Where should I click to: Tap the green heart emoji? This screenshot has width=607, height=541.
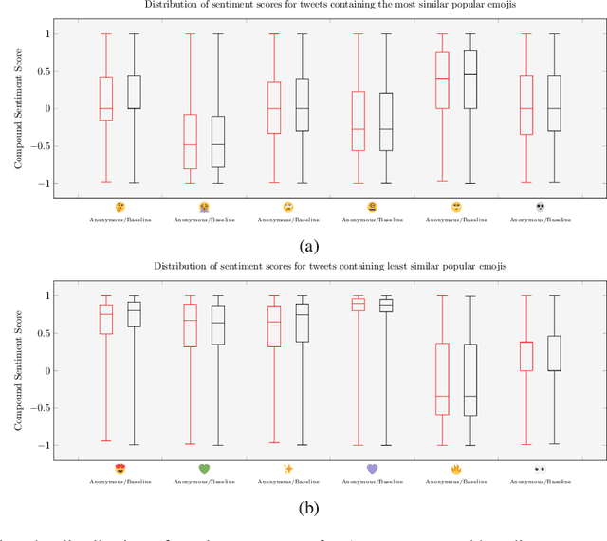tap(203, 469)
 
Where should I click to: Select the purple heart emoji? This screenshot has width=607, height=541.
tap(372, 469)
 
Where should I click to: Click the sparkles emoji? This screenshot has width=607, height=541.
tap(287, 469)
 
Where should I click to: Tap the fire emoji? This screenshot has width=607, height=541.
tap(456, 469)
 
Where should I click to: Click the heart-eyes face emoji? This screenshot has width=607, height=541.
tap(120, 469)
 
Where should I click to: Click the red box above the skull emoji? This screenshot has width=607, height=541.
tap(527, 104)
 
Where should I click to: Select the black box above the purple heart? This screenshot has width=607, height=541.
tap(386, 305)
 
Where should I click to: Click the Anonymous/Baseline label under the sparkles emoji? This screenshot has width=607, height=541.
tap(287, 480)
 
